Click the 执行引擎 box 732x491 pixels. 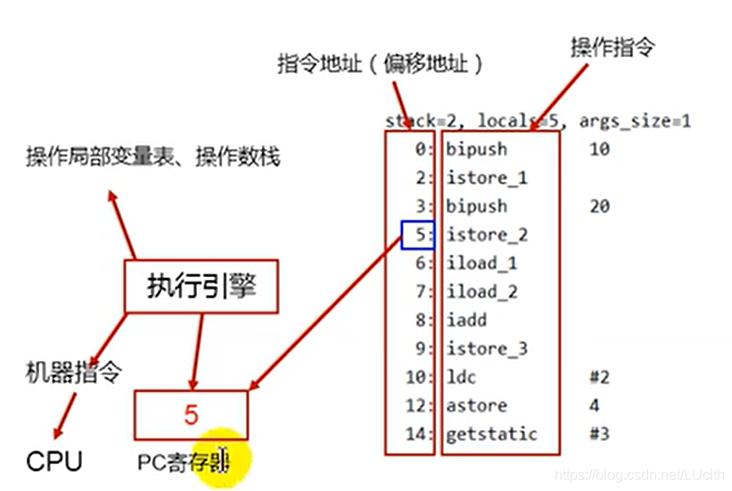point(202,286)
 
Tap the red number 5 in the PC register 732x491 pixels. point(191,414)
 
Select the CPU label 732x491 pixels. point(54,461)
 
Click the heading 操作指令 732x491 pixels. point(612,47)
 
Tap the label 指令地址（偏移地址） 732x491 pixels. point(380,64)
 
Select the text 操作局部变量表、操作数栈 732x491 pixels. point(152,158)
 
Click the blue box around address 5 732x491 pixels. point(418,235)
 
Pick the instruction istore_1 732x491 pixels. point(487,177)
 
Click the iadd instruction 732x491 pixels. point(466,320)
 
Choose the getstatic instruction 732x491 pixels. point(492,434)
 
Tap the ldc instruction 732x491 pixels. point(462,377)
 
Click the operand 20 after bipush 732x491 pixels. point(599,206)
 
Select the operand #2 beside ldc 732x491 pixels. point(599,377)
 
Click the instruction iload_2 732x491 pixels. point(481,291)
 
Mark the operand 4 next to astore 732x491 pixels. point(594,405)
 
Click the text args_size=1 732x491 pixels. point(635,121)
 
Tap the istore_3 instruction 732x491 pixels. point(487,348)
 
